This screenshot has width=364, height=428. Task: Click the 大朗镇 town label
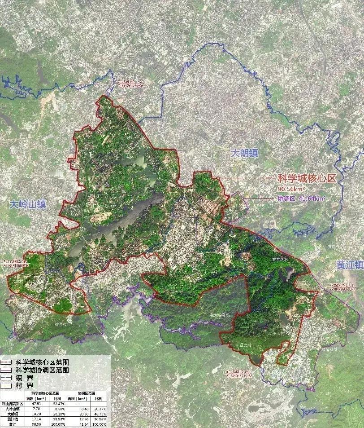pyautogui.click(x=245, y=153)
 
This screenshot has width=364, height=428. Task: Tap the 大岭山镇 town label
pyautogui.click(x=28, y=205)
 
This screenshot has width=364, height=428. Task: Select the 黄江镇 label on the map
pyautogui.click(x=350, y=265)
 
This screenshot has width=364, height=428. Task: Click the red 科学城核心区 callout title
pyautogui.click(x=307, y=178)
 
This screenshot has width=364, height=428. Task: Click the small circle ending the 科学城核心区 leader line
pyautogui.click(x=218, y=178)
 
